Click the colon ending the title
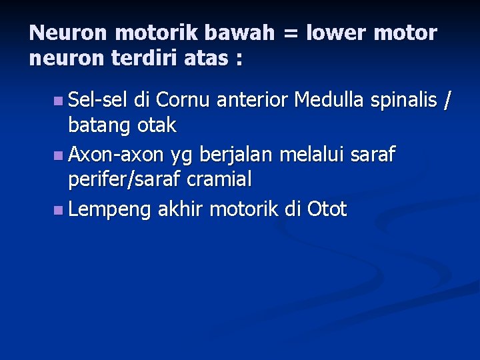239,60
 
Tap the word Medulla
329,101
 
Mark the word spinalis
405,101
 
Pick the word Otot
327,210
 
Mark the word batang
99,125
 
